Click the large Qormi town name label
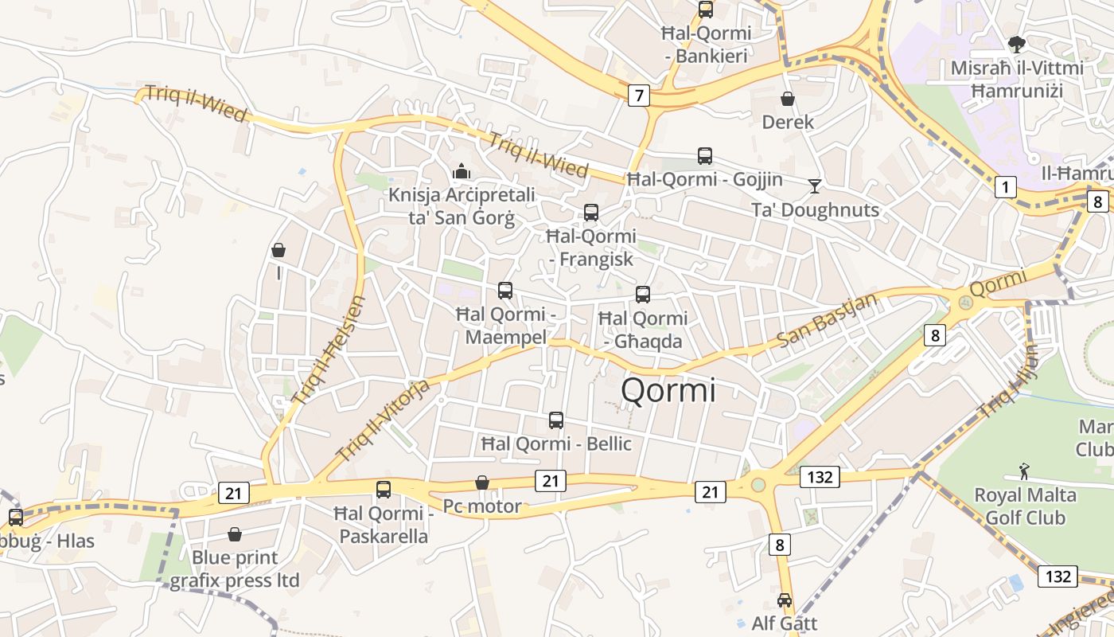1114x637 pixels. (x=668, y=390)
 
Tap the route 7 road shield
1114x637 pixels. (x=638, y=96)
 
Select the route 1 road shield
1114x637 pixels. (x=1006, y=188)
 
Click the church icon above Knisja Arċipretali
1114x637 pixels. (x=461, y=171)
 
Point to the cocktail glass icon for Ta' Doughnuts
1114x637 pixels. (x=815, y=186)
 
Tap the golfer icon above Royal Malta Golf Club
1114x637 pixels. (x=1024, y=471)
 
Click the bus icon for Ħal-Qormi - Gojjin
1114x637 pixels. (x=705, y=156)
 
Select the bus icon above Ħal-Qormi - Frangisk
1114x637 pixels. (x=591, y=213)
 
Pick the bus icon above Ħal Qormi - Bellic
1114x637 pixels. (x=556, y=420)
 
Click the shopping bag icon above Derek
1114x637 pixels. (x=788, y=99)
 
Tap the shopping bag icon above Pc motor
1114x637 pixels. (x=482, y=483)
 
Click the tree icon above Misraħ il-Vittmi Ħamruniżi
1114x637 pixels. (x=1016, y=44)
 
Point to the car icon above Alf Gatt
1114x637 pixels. (x=785, y=600)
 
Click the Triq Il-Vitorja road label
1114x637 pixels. (x=384, y=420)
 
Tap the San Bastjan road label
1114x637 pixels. (x=827, y=319)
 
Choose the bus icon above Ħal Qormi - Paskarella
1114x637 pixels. (x=384, y=489)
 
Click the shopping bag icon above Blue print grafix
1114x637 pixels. (x=235, y=533)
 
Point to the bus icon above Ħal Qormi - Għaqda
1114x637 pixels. (x=643, y=295)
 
